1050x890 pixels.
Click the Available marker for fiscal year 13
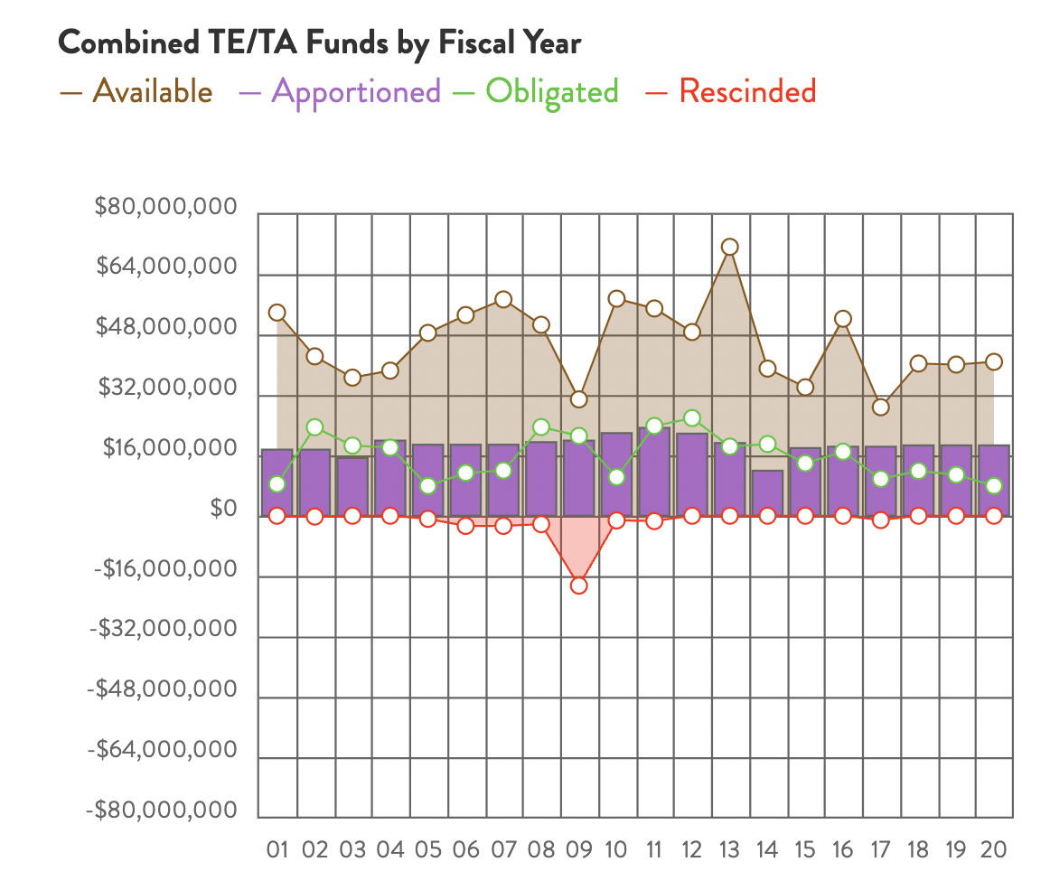729,247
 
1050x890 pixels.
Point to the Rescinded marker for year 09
578,586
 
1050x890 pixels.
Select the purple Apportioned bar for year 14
767,493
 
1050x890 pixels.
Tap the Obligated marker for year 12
691,418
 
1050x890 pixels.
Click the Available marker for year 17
880,407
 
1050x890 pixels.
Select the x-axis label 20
993,850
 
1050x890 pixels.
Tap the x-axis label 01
277,850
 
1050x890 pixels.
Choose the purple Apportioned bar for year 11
654,472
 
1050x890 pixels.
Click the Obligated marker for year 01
277,484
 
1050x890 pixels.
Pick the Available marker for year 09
578,399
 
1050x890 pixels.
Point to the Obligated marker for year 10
616,477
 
